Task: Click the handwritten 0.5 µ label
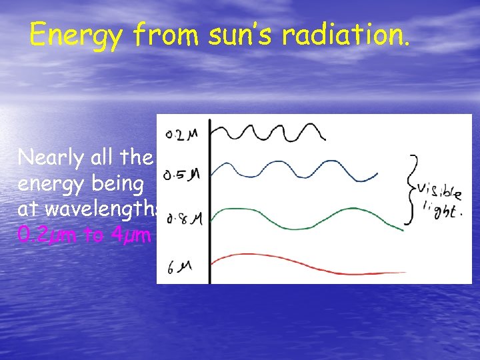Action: (x=182, y=175)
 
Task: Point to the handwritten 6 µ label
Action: (x=179, y=267)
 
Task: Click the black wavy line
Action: (x=270, y=133)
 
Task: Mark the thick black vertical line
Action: (x=209, y=200)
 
